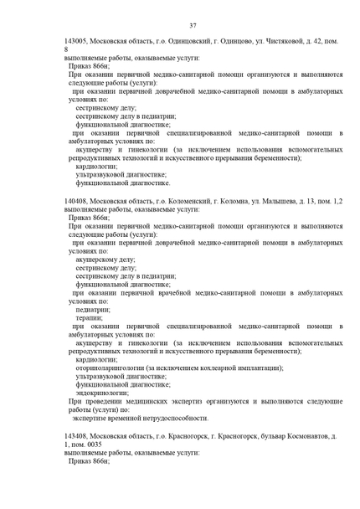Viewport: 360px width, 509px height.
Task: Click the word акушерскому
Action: point(105,260)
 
